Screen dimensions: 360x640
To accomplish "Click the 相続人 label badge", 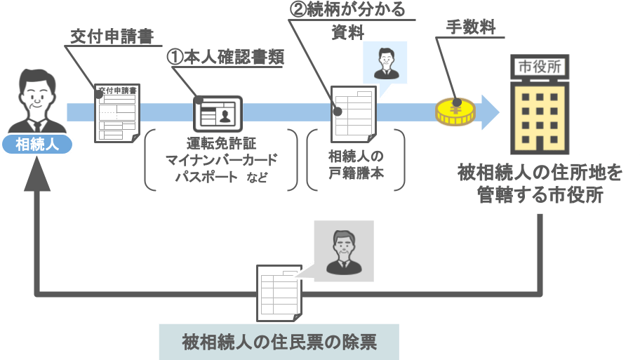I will (x=36, y=145).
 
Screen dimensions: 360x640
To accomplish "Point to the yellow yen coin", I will (x=455, y=112).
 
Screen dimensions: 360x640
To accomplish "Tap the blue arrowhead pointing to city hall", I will (x=489, y=112).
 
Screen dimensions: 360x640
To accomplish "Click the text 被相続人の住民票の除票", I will (x=279, y=342).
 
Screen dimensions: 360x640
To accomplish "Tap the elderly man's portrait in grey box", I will (x=343, y=251).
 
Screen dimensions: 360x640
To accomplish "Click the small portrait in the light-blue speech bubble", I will (x=385, y=62).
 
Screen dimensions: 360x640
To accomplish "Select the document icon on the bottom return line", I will (x=279, y=289).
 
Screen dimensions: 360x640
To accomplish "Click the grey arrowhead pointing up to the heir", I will (x=36, y=181).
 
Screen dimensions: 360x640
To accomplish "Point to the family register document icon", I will (x=354, y=112).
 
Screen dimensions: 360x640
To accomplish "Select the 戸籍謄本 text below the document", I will (x=356, y=173).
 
